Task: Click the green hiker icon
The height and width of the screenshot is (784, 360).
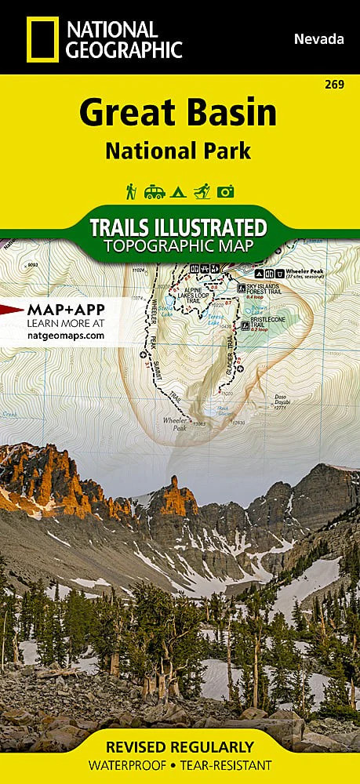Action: pyautogui.click(x=130, y=191)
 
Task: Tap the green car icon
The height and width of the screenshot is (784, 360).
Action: pyautogui.click(x=154, y=191)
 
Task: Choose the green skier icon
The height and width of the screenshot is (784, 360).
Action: pyautogui.click(x=202, y=191)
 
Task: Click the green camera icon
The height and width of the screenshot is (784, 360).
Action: pyautogui.click(x=227, y=191)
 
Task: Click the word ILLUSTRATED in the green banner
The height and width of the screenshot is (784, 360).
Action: pyautogui.click(x=213, y=228)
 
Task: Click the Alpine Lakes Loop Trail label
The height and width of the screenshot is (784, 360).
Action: pyautogui.click(x=193, y=293)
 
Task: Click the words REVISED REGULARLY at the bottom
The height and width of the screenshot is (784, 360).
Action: pyautogui.click(x=180, y=746)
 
